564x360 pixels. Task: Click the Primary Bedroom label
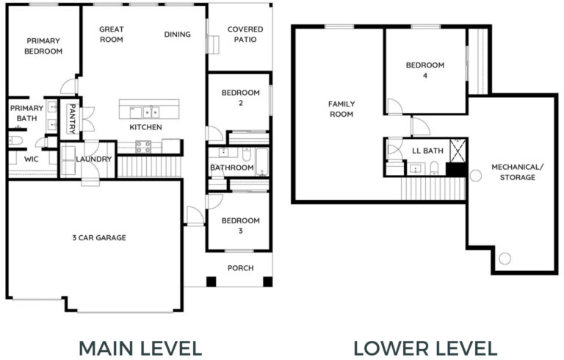(43, 46)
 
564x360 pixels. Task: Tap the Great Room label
(112, 35)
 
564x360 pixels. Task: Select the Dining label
(177, 35)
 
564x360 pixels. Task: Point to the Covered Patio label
(245, 35)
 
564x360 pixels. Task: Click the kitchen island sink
(151, 112)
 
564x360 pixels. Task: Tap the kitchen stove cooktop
(143, 147)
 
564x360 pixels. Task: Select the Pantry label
(72, 119)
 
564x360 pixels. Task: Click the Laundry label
(94, 159)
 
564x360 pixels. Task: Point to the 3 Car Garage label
(99, 237)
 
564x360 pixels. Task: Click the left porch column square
(211, 281)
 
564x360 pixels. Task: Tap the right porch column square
(267, 281)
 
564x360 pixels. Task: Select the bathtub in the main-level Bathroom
(262, 162)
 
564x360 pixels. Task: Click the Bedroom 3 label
(241, 226)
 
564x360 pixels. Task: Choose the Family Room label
(341, 109)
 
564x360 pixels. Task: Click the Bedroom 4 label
(425, 71)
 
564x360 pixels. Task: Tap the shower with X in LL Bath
(458, 151)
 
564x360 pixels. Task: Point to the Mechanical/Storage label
(518, 172)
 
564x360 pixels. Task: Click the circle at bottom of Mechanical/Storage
(505, 258)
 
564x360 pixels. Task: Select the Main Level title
(140, 348)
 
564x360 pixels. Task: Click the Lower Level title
(425, 348)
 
